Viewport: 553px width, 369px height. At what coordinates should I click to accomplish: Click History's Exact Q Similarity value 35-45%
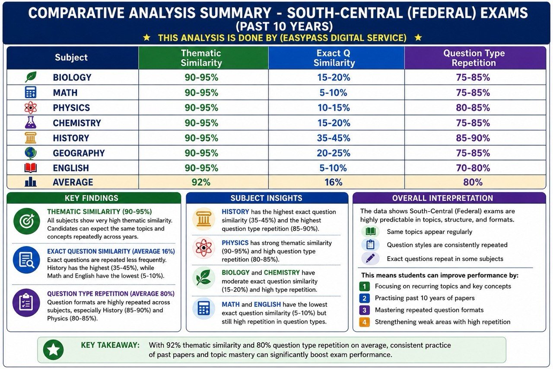[334, 138]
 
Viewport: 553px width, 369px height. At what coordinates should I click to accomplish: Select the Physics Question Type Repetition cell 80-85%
[473, 108]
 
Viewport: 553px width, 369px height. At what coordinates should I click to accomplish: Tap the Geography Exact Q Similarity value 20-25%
[334, 153]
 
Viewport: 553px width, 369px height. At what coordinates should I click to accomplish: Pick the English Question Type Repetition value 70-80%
[473, 168]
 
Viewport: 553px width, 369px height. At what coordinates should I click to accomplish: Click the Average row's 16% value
[333, 182]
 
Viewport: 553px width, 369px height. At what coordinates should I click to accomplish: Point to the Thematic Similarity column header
[201, 58]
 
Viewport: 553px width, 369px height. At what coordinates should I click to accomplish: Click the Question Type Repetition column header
[474, 58]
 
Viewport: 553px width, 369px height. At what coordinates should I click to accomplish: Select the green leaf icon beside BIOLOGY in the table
[31, 77]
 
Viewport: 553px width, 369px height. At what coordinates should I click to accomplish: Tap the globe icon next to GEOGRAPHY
[31, 153]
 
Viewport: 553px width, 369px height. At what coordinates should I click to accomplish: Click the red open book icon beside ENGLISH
[31, 168]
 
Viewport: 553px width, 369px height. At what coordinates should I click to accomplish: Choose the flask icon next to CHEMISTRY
[31, 122]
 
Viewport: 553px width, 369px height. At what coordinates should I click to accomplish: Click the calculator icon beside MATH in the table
[31, 92]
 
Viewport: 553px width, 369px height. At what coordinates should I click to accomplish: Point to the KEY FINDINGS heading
[91, 198]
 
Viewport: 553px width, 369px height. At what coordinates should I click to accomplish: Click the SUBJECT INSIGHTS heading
[267, 198]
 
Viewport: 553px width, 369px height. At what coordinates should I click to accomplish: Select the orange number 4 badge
[364, 322]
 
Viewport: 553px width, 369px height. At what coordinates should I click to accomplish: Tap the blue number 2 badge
[364, 298]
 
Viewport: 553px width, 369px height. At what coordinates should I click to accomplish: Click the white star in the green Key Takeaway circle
[53, 350]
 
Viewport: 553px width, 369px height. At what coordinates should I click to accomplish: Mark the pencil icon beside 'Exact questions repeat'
[370, 259]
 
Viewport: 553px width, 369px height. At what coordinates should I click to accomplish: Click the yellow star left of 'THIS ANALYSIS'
[146, 38]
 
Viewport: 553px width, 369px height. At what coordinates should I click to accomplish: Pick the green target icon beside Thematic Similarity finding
[27, 221]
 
